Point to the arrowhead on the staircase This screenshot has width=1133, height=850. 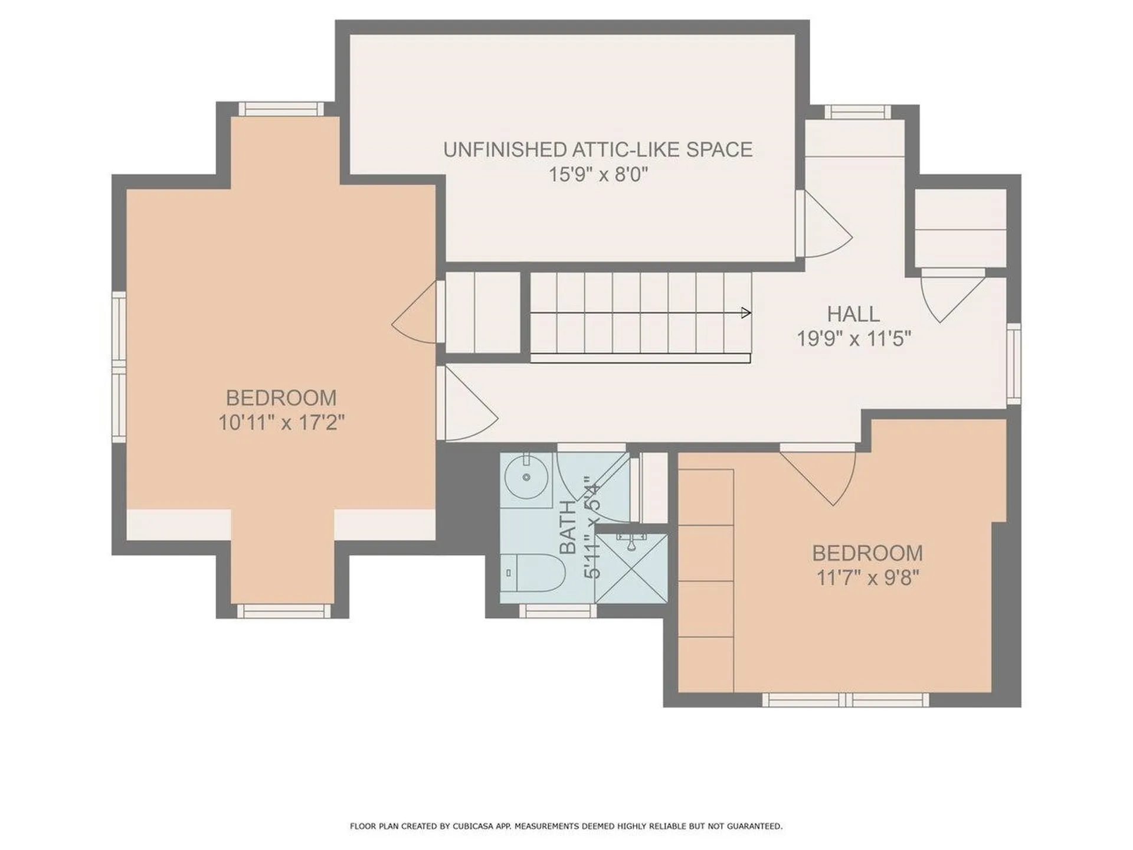tap(746, 313)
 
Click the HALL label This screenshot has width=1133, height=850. tap(853, 314)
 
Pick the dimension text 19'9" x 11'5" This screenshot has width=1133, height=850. tap(853, 339)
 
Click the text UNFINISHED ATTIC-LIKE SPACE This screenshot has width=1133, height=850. tap(597, 149)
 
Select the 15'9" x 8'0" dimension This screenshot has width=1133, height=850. tap(597, 175)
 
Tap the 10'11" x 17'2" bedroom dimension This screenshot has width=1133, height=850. tap(281, 423)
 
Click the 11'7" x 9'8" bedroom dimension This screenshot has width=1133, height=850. tap(867, 577)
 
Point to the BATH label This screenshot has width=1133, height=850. tap(568, 527)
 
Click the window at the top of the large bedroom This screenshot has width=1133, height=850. tap(281, 109)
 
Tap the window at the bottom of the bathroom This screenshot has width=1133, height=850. tap(557, 611)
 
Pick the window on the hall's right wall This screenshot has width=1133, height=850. tap(1013, 363)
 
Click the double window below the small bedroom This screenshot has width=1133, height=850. tap(845, 700)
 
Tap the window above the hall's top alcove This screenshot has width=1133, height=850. tap(857, 112)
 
